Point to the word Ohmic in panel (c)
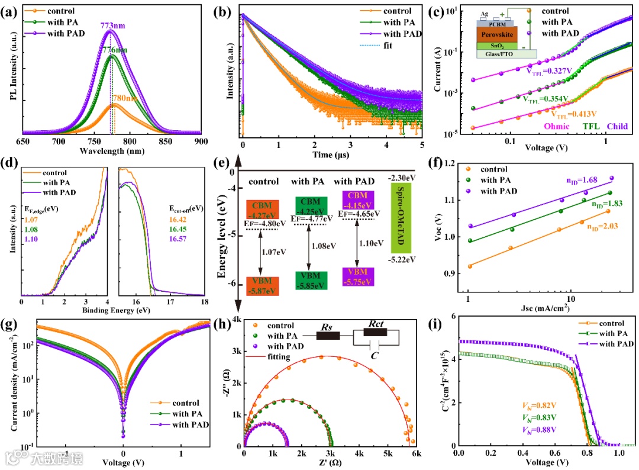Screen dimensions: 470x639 556,126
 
